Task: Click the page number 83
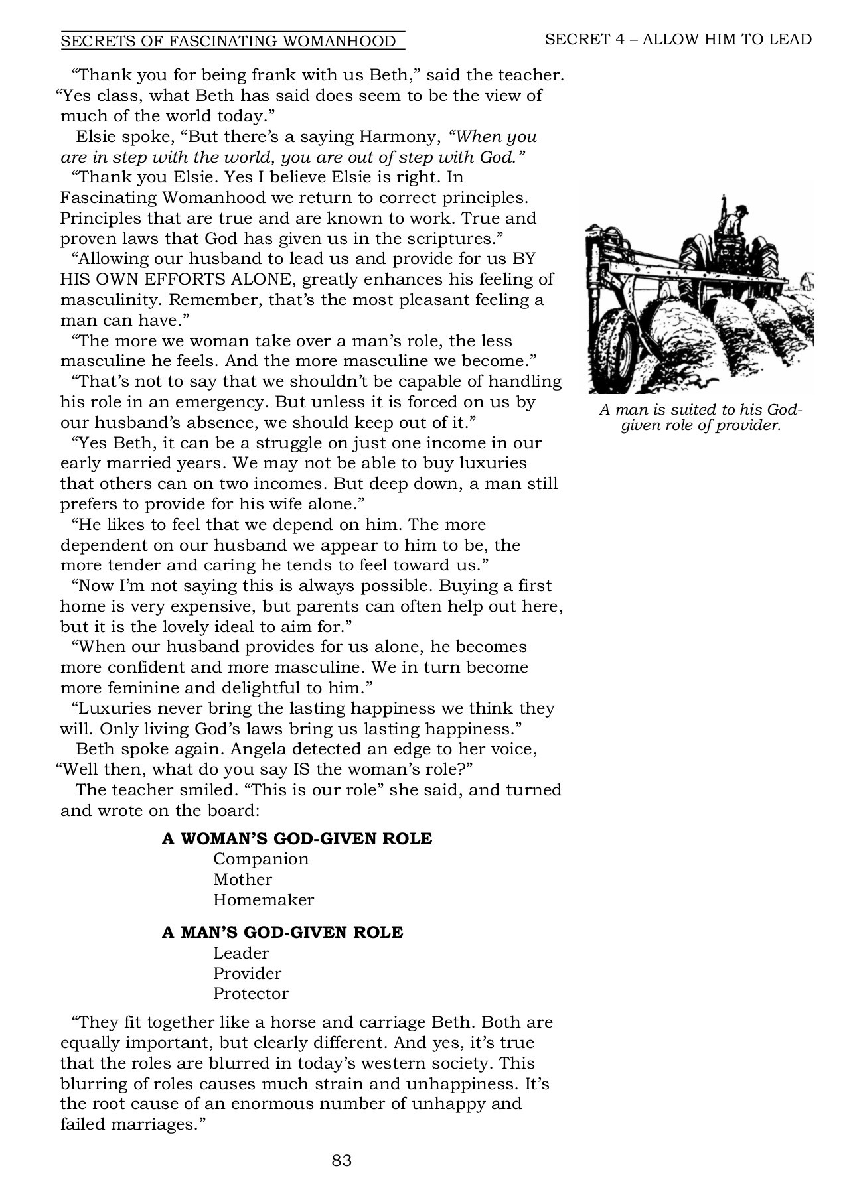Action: (341, 1160)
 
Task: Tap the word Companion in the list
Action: (261, 859)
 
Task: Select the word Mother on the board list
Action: (242, 880)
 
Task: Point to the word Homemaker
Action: (263, 900)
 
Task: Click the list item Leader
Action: (241, 953)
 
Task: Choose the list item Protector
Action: (250, 994)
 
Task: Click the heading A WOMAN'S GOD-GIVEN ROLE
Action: (297, 838)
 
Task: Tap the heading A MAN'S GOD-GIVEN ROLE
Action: (282, 932)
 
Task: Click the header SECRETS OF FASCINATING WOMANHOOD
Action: (228, 42)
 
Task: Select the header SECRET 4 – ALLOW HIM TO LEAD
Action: (678, 39)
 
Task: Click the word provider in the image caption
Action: (751, 425)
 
